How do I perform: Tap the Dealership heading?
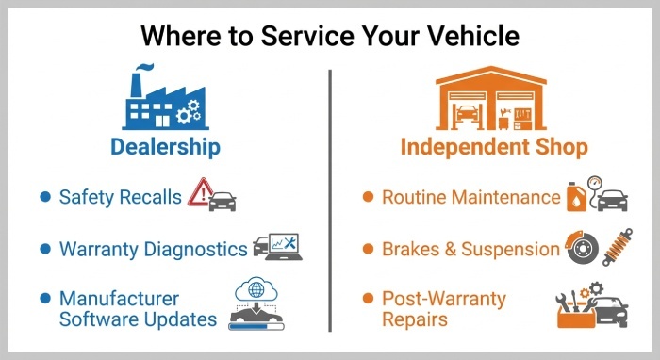point(165,147)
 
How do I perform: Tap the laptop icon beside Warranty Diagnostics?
point(273,247)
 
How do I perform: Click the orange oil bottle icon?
point(577,199)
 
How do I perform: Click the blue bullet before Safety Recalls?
point(44,197)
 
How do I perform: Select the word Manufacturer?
point(119,299)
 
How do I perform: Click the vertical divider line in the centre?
point(330,198)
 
